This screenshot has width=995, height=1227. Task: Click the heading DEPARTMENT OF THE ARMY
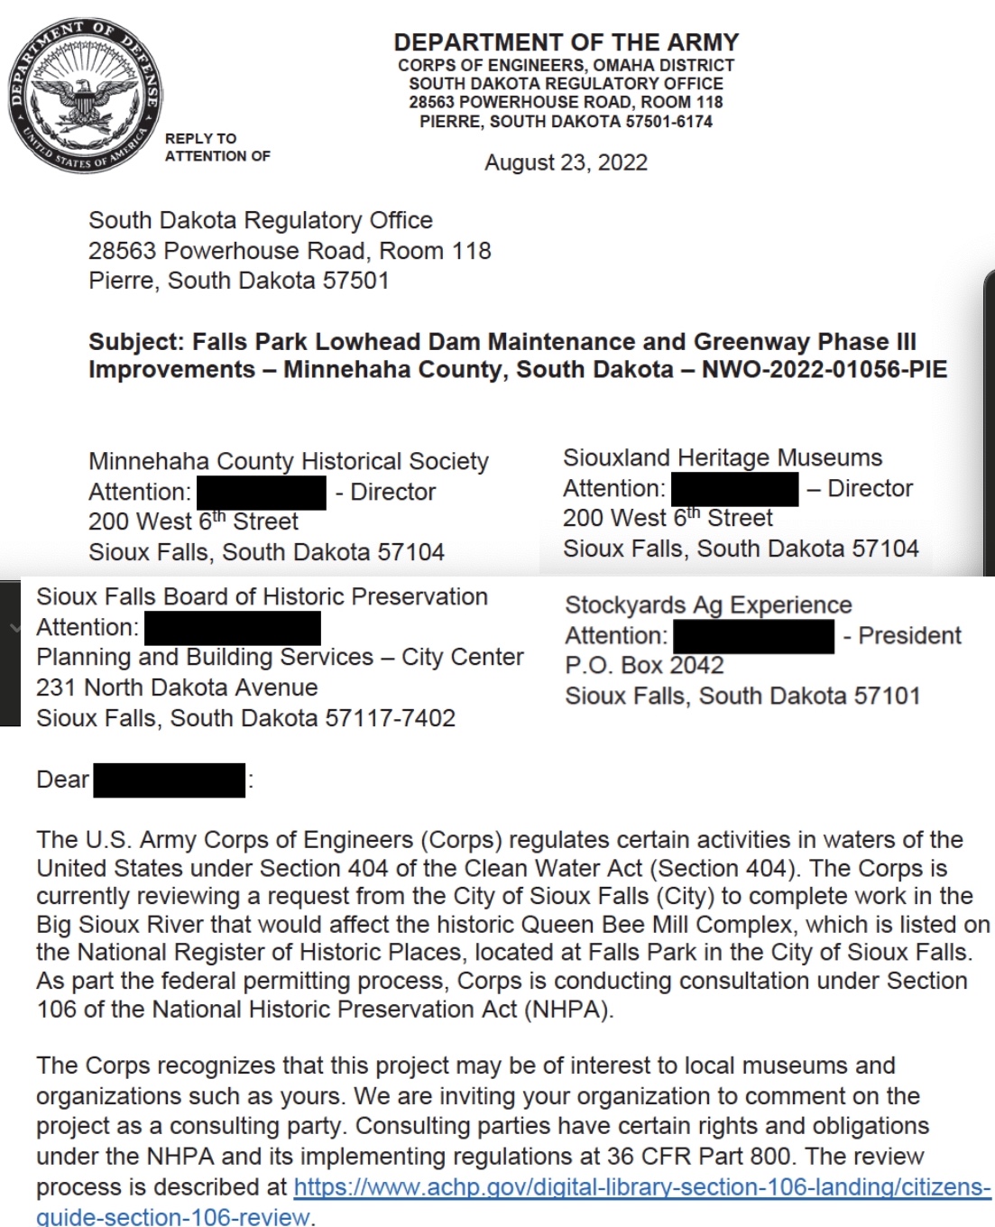tap(566, 42)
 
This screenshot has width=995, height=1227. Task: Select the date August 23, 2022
tap(566, 162)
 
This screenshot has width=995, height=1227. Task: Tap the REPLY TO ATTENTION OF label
tap(217, 147)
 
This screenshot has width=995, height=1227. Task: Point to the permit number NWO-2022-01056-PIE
tap(824, 370)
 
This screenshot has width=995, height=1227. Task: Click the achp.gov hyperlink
tap(641, 1186)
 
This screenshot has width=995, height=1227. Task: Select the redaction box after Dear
tap(169, 780)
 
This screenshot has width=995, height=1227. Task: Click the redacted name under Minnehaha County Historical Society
tap(261, 493)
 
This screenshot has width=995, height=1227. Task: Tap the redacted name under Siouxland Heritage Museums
tap(734, 489)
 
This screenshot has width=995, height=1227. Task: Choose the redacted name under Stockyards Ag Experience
tap(753, 636)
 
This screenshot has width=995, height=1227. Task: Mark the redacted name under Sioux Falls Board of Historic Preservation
tap(232, 628)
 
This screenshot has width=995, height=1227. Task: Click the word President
tap(909, 635)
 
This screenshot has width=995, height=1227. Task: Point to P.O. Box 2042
tap(644, 666)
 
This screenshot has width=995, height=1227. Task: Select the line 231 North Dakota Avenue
tap(177, 687)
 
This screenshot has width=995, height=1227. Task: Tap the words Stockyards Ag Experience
tap(708, 605)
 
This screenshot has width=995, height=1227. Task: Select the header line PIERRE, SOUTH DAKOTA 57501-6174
tap(566, 122)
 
